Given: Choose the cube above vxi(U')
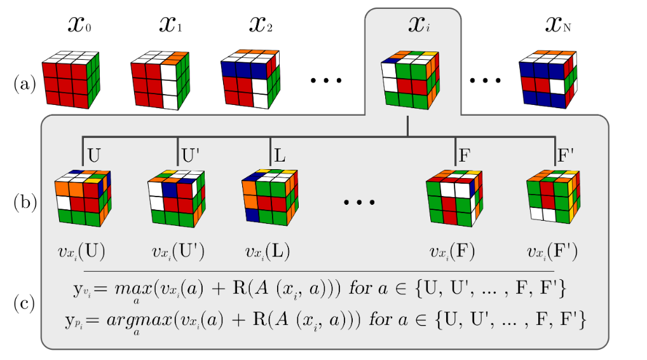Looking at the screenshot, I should coord(177,197).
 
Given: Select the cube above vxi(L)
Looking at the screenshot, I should coord(269,197).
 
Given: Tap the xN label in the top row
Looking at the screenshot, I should coord(560,25).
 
